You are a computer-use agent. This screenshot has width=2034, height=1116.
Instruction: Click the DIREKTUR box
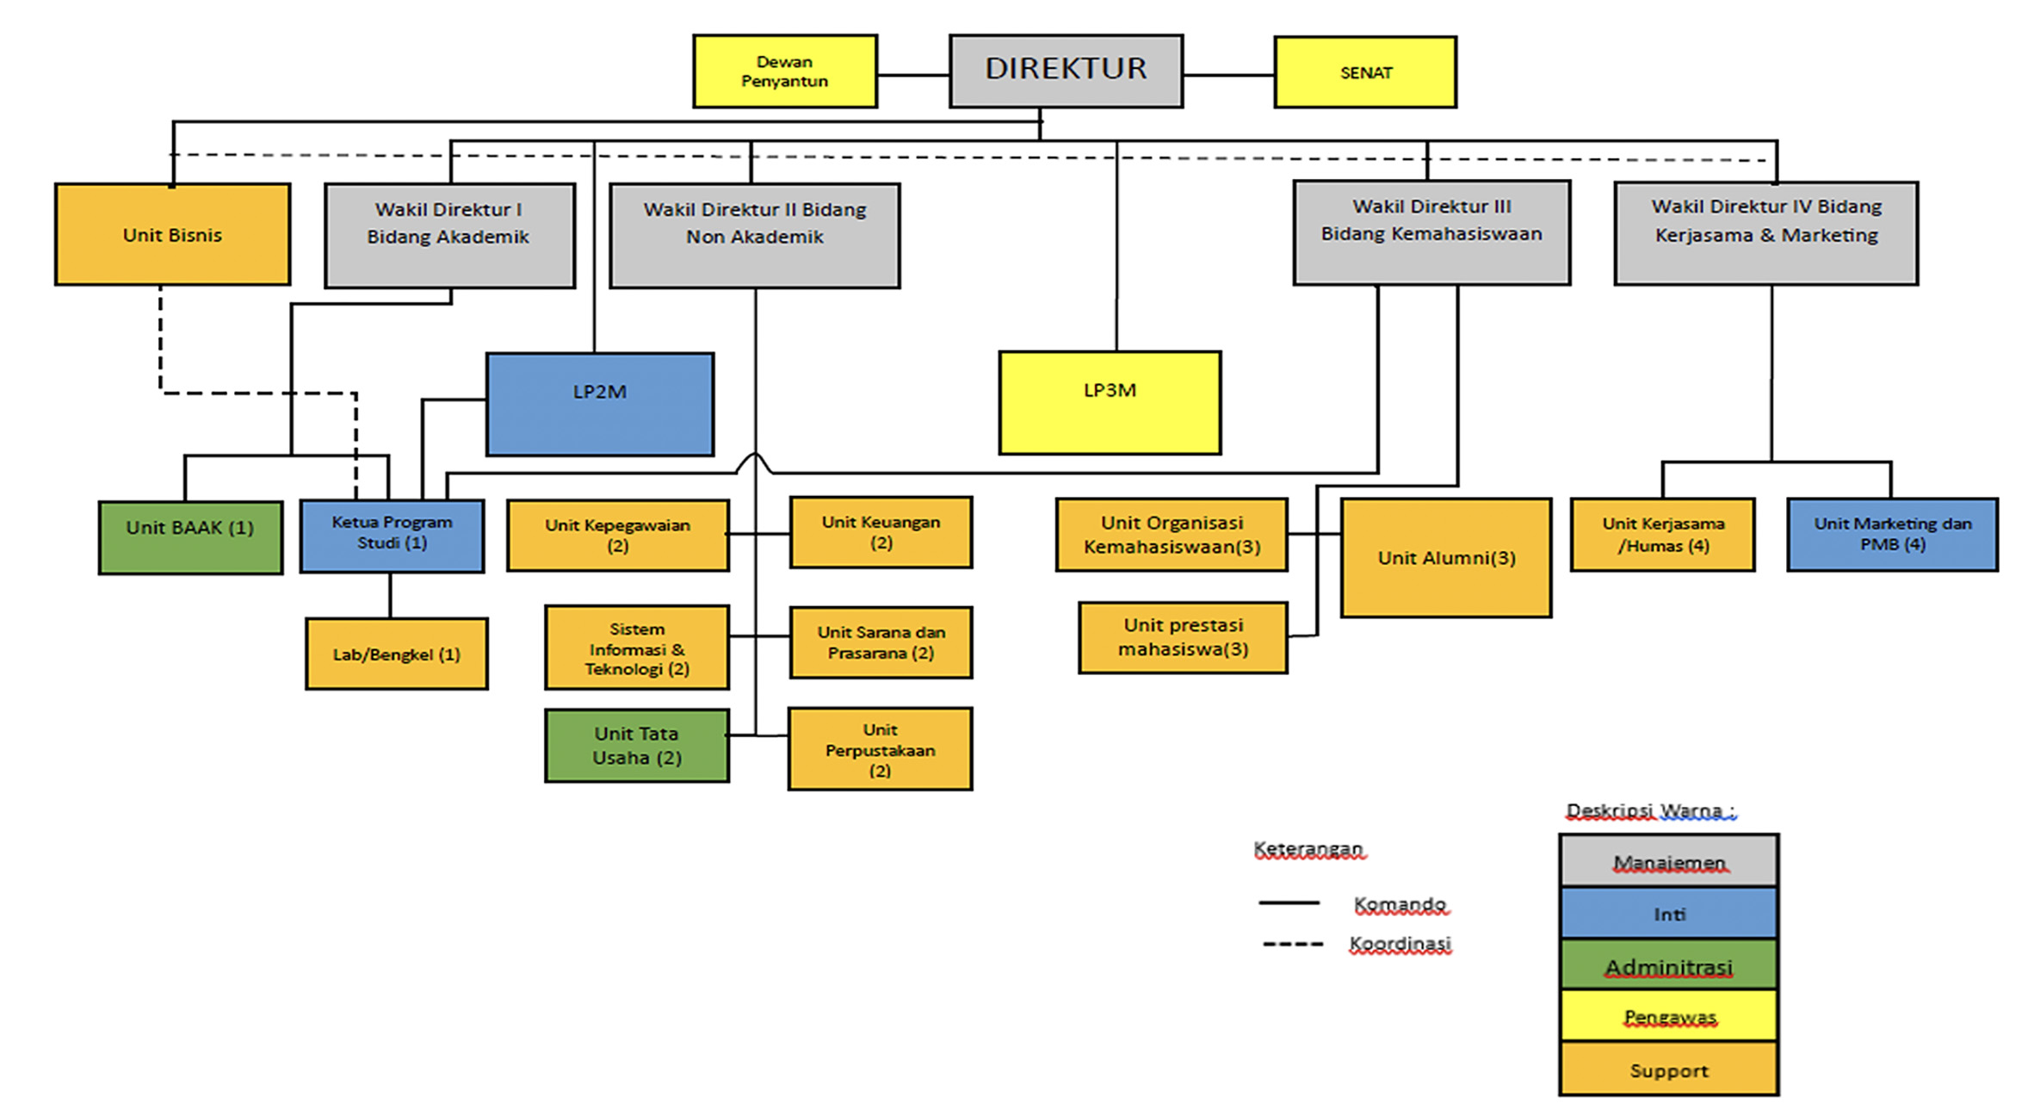click(1066, 71)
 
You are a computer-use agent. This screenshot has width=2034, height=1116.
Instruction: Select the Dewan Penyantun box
click(784, 71)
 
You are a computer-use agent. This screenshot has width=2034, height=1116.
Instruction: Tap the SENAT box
click(1365, 72)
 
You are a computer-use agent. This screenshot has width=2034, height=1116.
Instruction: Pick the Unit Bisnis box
click(172, 234)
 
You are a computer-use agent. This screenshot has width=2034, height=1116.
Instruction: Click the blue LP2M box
click(600, 404)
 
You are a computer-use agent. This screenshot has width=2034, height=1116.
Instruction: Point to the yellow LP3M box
click(1110, 402)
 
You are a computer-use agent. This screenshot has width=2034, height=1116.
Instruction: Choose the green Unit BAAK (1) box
click(190, 536)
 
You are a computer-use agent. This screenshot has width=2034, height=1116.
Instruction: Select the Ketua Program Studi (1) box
click(392, 536)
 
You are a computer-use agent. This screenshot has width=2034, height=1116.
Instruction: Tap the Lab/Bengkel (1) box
click(397, 654)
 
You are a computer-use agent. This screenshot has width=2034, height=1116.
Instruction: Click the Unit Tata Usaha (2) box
click(637, 746)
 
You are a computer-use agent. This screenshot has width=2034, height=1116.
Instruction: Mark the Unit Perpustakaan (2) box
click(880, 749)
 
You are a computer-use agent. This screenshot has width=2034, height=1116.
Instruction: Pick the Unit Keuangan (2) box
click(881, 532)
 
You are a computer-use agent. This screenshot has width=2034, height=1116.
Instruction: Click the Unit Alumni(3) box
click(1446, 558)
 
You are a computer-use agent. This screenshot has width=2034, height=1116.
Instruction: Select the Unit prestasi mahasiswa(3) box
click(1183, 637)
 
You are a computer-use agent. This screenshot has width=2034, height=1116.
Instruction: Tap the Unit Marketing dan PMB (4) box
click(1892, 534)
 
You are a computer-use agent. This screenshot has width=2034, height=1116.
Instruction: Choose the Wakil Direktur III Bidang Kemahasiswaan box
click(1431, 232)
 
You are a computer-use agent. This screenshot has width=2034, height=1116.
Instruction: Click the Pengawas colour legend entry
click(1668, 1016)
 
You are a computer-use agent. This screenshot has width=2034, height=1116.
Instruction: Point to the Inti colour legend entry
click(1668, 914)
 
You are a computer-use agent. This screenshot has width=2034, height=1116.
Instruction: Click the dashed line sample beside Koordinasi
click(1292, 945)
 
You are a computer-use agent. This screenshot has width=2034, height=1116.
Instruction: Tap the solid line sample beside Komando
click(1289, 903)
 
